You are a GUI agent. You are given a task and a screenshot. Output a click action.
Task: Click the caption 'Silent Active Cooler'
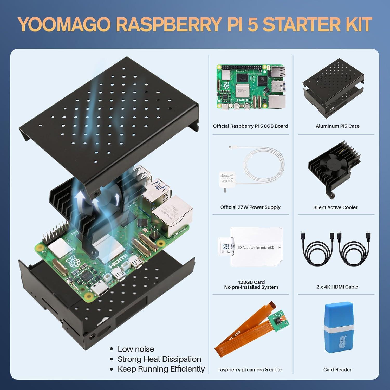[335, 207]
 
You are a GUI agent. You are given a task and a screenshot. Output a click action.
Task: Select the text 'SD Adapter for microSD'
[256, 248]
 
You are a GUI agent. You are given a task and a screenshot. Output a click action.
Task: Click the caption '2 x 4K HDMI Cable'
[337, 287]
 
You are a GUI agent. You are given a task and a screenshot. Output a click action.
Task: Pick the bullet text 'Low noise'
[136, 349]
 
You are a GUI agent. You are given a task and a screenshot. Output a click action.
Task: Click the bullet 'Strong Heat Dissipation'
[159, 359]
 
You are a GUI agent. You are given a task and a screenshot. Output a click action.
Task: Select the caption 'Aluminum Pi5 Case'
[337, 126]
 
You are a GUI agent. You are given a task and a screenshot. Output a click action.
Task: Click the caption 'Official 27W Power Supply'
[250, 207]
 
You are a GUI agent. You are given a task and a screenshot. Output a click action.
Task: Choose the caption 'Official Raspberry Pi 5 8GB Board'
[250, 126]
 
